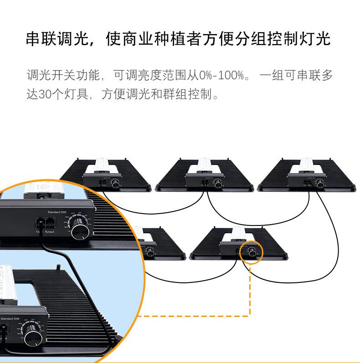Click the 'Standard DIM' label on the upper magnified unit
click(x=60, y=211)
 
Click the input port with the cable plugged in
click(x=40, y=223)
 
